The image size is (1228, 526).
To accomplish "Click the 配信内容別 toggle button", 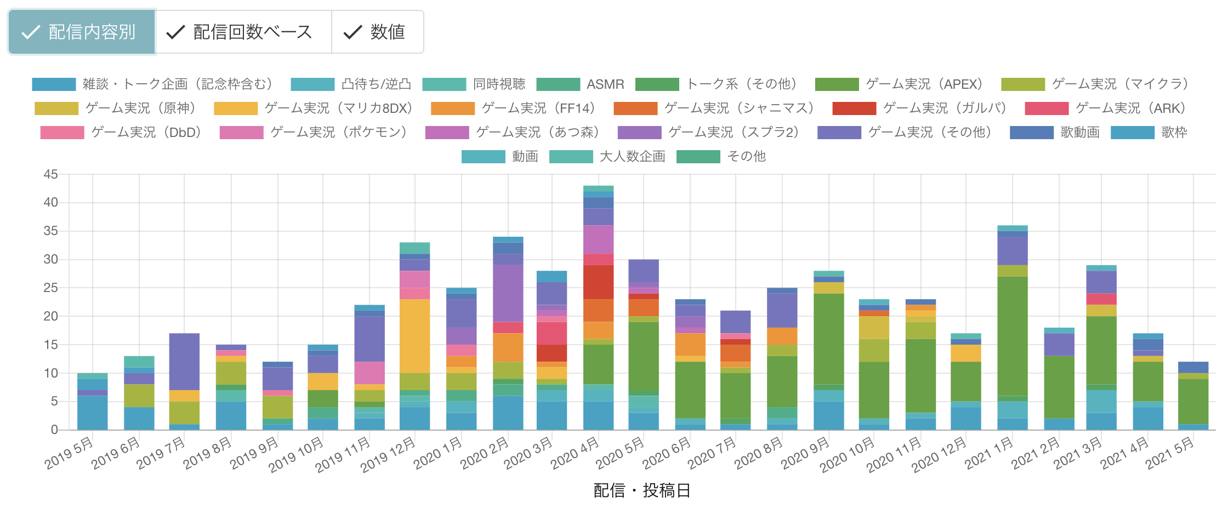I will tap(81, 32).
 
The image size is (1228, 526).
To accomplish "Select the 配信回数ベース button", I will tap(243, 32).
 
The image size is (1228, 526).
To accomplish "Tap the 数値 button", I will tap(377, 32).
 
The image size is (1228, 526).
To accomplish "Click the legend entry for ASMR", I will tap(581, 84).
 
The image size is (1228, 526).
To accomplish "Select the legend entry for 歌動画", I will tap(1056, 133).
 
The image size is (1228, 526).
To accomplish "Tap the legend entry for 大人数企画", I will tap(609, 157).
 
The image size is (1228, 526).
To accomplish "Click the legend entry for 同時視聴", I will tap(475, 84).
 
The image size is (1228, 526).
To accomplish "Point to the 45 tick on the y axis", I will tap(50, 174).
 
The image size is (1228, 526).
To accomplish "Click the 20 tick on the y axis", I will tap(50, 316).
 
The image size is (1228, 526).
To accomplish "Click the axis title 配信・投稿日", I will tap(641, 490).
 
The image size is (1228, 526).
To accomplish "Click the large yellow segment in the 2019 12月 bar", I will tap(414, 336).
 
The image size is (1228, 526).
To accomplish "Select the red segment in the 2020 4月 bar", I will tap(598, 282).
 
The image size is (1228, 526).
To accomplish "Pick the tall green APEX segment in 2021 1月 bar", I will tap(1012, 336).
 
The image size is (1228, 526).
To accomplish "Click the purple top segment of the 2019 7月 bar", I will tap(184, 362).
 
